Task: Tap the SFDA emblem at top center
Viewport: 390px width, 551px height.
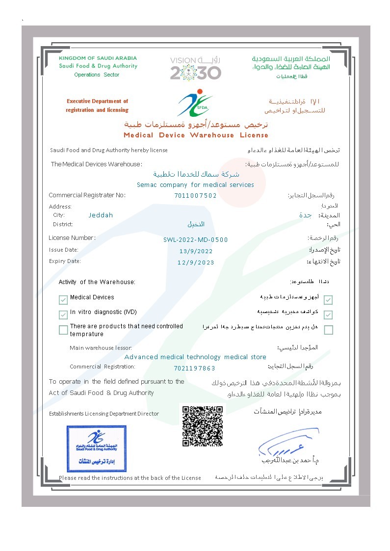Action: coord(195,102)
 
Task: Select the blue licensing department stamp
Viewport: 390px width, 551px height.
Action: coord(97,448)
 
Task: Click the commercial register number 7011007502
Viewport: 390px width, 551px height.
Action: coord(195,195)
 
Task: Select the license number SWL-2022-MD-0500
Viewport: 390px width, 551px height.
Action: coord(195,240)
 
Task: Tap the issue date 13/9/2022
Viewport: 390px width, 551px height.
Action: coord(196,251)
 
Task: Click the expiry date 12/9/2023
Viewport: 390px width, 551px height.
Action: coord(196,262)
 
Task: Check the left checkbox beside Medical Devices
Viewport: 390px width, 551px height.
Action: coord(63,299)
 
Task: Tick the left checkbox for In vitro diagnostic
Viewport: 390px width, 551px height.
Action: coord(63,314)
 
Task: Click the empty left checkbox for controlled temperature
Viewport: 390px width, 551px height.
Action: coord(63,330)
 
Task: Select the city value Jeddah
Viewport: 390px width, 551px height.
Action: coord(101,215)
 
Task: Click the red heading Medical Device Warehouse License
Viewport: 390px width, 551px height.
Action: coord(196,135)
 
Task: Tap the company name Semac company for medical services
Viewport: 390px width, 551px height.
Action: coord(195,185)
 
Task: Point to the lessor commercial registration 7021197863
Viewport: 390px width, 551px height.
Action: coord(194,368)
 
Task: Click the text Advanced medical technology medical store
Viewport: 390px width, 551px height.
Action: coord(195,357)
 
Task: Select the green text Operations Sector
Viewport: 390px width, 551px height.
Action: coord(97,75)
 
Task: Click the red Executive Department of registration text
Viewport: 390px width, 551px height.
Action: coord(97,105)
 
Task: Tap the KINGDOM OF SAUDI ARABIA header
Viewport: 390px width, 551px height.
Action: coord(97,58)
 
